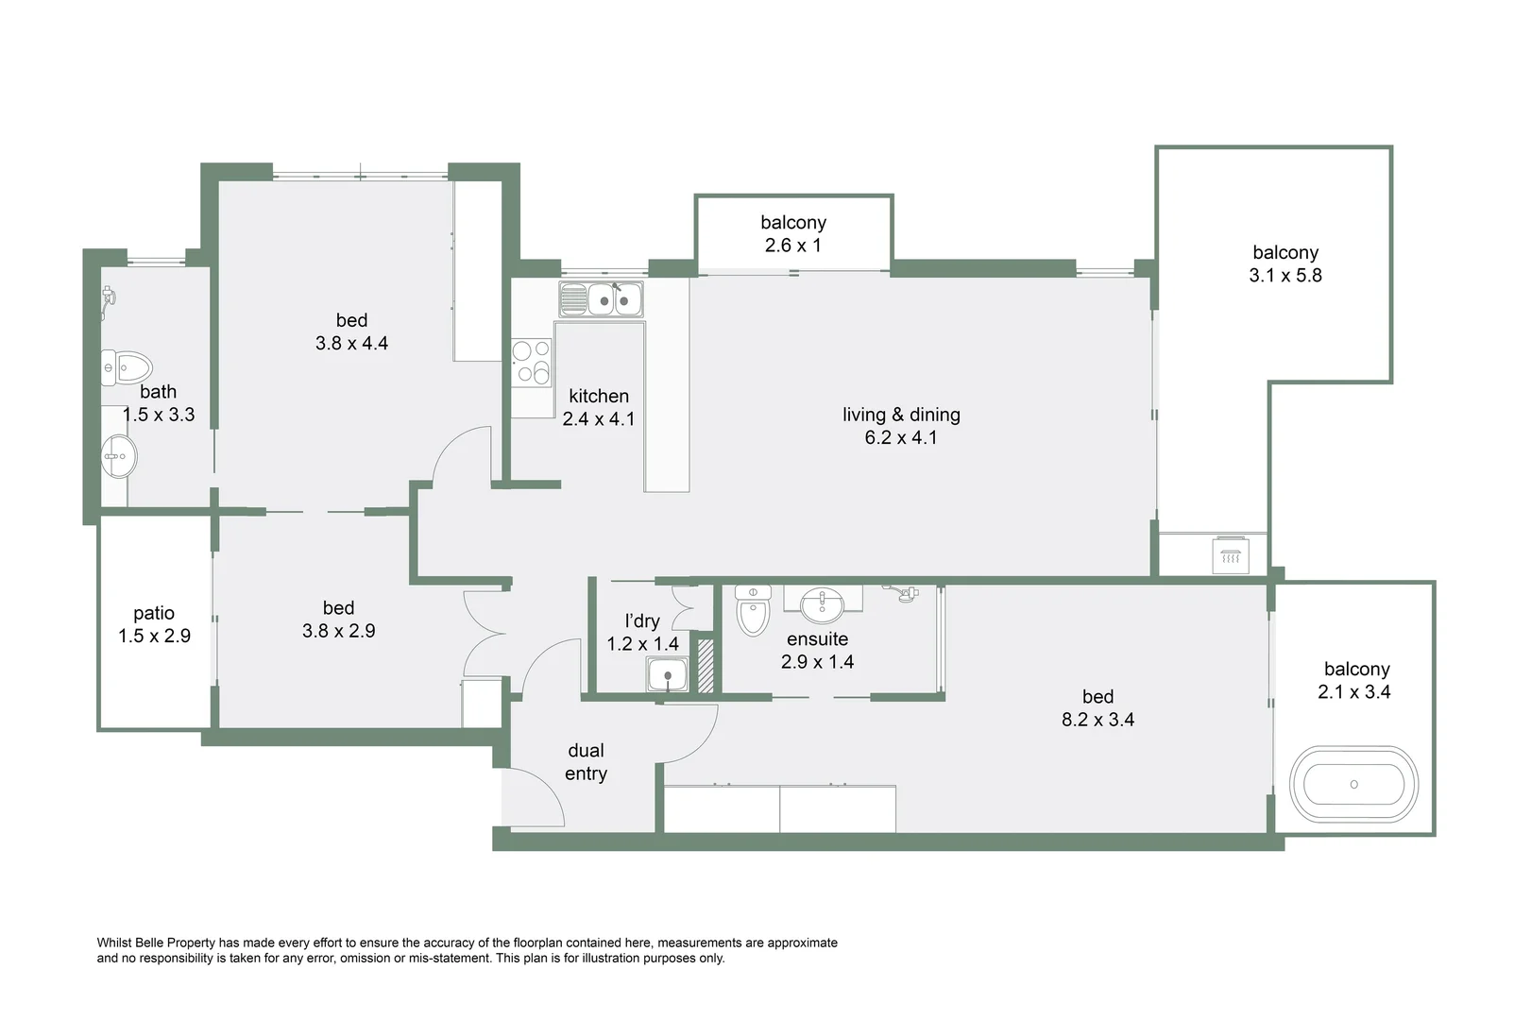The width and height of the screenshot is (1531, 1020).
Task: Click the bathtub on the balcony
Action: pos(1353,784)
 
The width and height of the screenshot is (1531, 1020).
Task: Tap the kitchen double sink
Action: pos(614,300)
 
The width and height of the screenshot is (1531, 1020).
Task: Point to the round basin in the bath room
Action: pos(119,457)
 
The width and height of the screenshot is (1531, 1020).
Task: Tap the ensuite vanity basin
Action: pos(823,603)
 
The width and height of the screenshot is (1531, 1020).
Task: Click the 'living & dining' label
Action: pos(901,415)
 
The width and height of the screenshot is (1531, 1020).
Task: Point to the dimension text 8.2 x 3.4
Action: pos(1097,720)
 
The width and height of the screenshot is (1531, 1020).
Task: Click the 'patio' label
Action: pos(154,613)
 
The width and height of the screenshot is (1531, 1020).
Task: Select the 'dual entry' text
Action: pos(586,762)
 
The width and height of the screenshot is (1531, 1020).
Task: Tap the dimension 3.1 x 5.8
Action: pos(1284,276)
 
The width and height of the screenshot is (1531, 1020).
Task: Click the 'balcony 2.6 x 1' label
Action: pos(793,233)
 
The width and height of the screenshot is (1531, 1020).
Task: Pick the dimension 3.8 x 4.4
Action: pos(351,344)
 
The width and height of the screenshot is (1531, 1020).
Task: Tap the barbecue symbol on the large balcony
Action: pos(1230,556)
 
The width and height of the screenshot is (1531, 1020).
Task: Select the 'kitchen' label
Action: pos(599,397)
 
